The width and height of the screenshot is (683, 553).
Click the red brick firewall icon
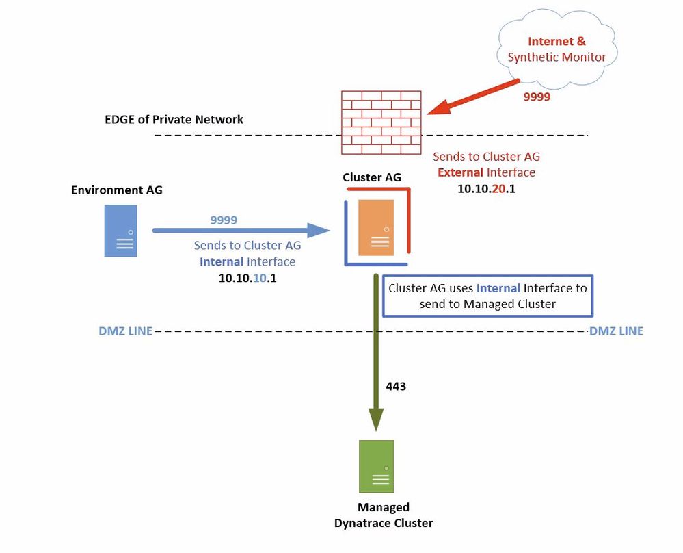[x=381, y=123]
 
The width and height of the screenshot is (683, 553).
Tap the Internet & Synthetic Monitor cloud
[x=557, y=49]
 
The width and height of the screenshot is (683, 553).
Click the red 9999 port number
[x=537, y=97]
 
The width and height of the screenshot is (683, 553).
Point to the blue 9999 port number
[x=224, y=220]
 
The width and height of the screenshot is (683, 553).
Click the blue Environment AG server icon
[x=120, y=232]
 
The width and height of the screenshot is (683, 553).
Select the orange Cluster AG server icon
[x=376, y=227]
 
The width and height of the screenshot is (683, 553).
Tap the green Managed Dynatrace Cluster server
[x=376, y=466]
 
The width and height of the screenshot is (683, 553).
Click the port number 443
[x=396, y=387]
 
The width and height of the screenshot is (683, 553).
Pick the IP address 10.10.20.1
[x=486, y=188]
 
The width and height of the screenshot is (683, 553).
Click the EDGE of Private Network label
[x=174, y=120]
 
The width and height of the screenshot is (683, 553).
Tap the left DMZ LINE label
[x=125, y=331]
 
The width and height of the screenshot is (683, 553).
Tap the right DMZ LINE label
[x=616, y=331]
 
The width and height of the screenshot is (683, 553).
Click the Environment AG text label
[x=117, y=190]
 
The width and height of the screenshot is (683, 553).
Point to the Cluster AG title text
[x=372, y=177]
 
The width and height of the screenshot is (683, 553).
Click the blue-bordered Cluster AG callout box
[x=487, y=296]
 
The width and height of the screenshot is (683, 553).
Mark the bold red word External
[x=461, y=172]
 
